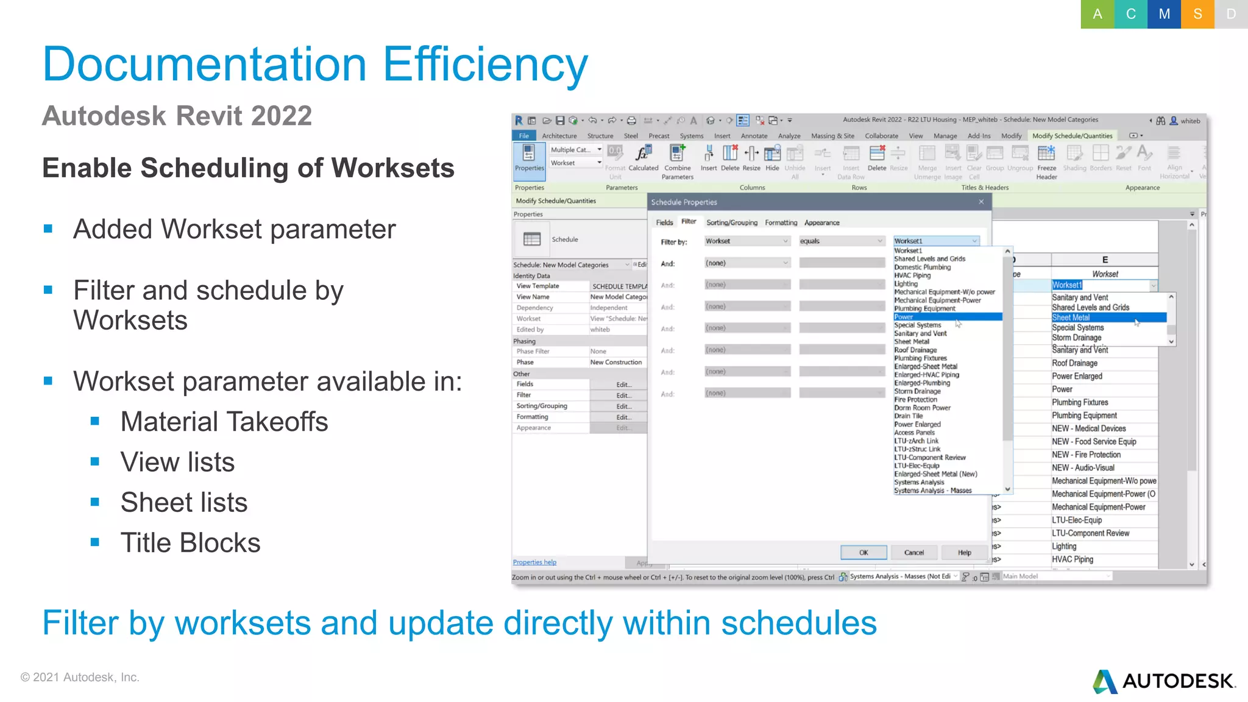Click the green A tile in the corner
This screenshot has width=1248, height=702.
(x=1097, y=14)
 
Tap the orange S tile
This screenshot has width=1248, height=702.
(x=1197, y=14)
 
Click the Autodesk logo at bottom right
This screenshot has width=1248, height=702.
(x=1164, y=681)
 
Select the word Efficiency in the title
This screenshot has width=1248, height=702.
(x=485, y=65)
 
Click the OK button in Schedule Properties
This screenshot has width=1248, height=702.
(x=863, y=553)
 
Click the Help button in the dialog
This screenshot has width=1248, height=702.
(x=964, y=553)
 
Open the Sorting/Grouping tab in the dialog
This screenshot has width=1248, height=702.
(x=732, y=223)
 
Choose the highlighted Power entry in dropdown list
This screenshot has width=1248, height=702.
(x=948, y=317)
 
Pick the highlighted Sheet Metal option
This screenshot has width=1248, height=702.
(x=1108, y=317)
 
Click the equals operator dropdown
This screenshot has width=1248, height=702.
(x=841, y=241)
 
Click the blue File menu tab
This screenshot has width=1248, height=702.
(x=524, y=136)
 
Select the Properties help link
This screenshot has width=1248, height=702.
(x=534, y=562)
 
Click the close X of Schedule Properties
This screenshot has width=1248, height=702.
(x=981, y=202)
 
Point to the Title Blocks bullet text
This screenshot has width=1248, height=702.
(x=190, y=543)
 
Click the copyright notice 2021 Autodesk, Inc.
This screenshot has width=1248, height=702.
(x=80, y=678)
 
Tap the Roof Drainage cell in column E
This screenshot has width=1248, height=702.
(x=1074, y=363)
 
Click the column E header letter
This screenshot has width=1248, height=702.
(x=1105, y=260)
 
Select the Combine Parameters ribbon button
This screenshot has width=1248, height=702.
(x=677, y=161)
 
